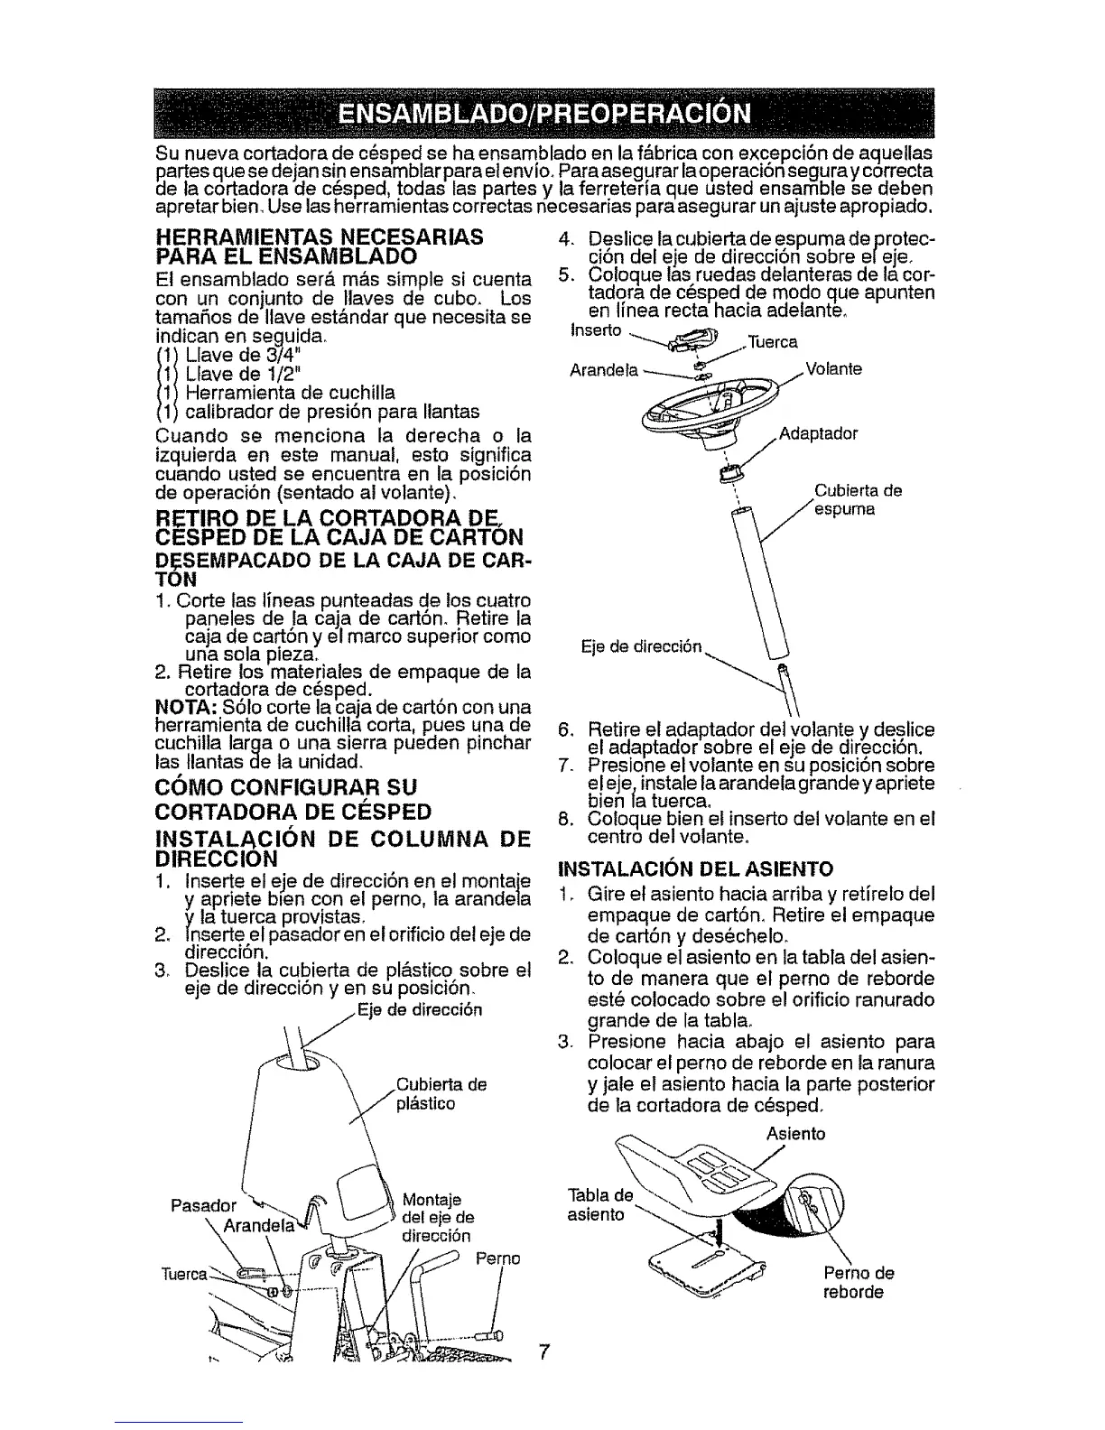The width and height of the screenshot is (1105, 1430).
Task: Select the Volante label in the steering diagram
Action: click(834, 369)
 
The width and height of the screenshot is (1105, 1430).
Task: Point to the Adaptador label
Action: click(818, 433)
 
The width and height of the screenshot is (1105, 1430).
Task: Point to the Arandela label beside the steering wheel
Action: click(604, 369)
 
